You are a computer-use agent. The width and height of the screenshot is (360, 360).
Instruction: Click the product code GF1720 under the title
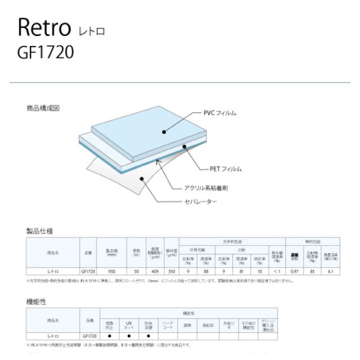coord(47,52)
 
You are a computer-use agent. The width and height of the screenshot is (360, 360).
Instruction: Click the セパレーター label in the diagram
coord(200,201)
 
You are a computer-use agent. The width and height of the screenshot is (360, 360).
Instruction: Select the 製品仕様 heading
coord(39,231)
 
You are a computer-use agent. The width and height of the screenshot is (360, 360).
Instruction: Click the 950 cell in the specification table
coord(112,271)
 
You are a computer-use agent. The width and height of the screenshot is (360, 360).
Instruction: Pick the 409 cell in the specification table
coord(155,271)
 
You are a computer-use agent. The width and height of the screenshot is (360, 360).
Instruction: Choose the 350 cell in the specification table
coord(171,271)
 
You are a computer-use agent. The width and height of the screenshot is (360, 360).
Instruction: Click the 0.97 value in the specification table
coord(295,271)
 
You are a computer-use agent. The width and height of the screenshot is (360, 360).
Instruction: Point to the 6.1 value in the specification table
coord(332,271)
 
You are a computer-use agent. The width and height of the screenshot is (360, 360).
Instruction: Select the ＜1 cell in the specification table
coord(276,271)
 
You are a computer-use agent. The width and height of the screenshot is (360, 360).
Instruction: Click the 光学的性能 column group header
coord(232,241)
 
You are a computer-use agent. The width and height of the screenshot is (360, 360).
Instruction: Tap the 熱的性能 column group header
coord(314,241)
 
